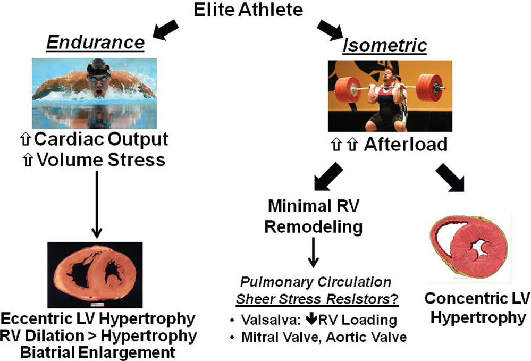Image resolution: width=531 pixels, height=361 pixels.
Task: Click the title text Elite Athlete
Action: point(248,10)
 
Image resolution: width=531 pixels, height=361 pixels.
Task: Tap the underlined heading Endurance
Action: point(96,43)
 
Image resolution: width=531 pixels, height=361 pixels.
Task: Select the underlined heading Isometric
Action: point(385,45)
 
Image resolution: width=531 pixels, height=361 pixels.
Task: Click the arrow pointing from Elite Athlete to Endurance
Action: point(165,30)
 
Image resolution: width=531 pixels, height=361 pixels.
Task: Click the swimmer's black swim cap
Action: point(98,66)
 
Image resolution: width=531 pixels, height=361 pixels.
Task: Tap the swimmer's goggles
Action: point(99,78)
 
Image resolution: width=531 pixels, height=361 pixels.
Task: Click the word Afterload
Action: point(406,144)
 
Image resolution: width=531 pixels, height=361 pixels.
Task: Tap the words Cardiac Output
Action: point(101,139)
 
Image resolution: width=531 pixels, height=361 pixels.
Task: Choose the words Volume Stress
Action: point(101,160)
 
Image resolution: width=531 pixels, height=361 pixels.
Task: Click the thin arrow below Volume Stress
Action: point(97,205)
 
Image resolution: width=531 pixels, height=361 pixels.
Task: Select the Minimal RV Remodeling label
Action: point(313,216)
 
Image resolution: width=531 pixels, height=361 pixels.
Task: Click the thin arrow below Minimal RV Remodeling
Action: point(313,253)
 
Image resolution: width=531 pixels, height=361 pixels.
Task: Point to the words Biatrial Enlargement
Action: point(97,352)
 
